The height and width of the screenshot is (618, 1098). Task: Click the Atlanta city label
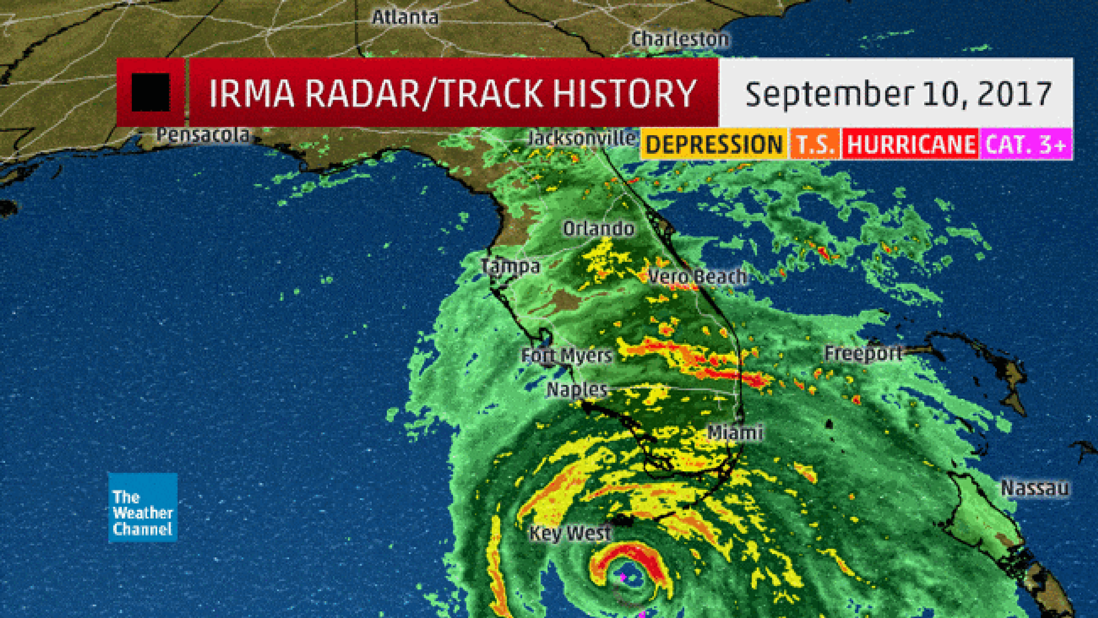point(405,17)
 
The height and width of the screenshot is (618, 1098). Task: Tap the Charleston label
point(680,40)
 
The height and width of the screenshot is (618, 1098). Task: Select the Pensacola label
point(203,135)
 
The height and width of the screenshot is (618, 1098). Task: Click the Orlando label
point(598,229)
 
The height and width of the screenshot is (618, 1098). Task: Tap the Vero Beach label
point(697,277)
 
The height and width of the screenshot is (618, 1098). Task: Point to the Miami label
point(735,432)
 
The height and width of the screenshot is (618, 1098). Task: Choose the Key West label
point(570,533)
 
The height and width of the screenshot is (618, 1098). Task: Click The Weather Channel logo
point(143,507)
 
